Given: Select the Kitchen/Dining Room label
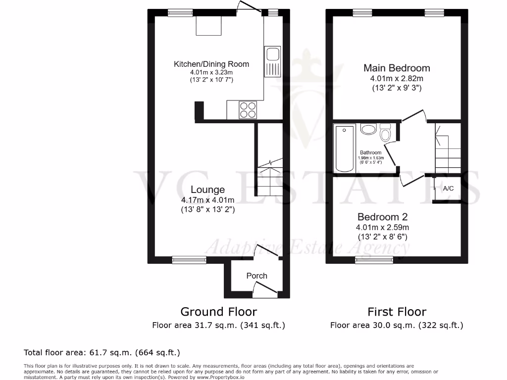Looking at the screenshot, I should pos(211,64).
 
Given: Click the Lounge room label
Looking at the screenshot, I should pos(208,190).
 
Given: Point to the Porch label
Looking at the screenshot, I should pos(256,276).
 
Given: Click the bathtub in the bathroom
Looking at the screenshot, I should pos(344,148).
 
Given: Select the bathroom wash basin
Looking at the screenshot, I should pos(368,130).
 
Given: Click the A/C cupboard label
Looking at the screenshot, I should pos(448,189).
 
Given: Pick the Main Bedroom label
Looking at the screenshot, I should pos(397,68).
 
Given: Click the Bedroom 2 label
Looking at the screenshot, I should pos(382,217).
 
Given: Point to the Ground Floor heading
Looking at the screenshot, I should pos(218,312).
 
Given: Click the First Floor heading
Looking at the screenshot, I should pos(397,312).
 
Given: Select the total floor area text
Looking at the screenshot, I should pos(101,352).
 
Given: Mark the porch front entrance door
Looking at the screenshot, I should pos(264,289).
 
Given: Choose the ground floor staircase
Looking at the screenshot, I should pos(268,168).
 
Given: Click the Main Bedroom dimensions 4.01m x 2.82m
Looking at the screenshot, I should pos(397,79).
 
